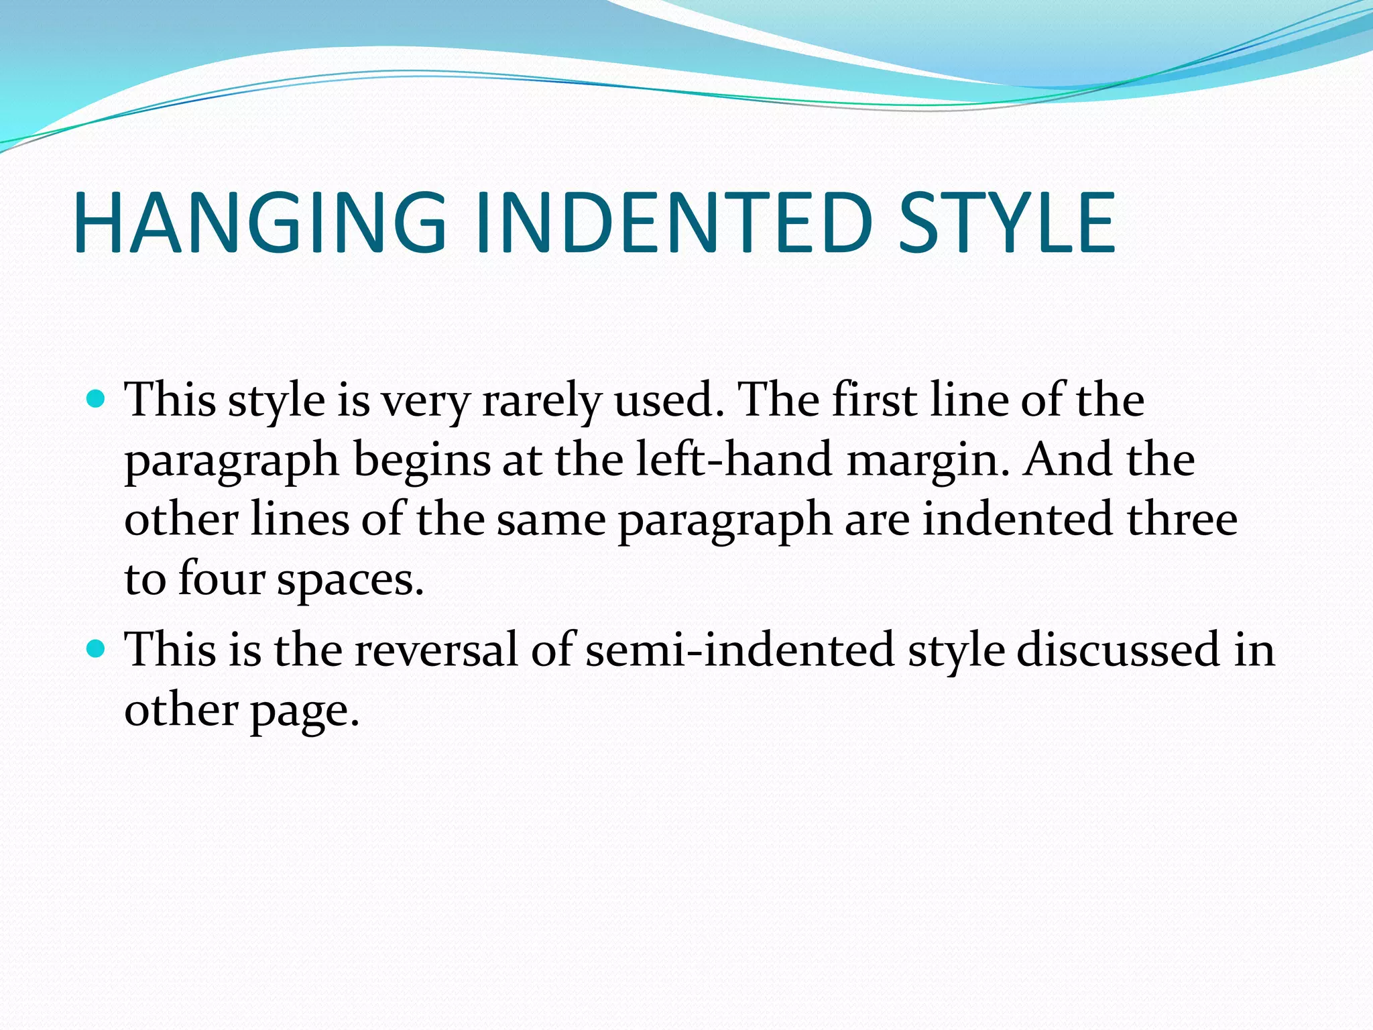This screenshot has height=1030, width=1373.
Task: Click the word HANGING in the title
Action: (x=260, y=223)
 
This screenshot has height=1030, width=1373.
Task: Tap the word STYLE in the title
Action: (x=1006, y=223)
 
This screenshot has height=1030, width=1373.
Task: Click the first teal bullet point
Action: (x=97, y=400)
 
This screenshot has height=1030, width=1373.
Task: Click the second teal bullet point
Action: (x=97, y=649)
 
